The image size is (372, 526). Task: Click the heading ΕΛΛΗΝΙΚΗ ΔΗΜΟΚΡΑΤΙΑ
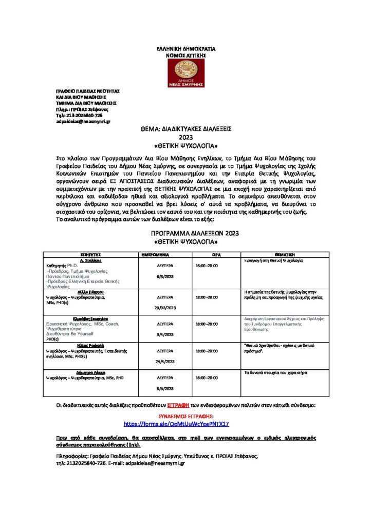click(186, 48)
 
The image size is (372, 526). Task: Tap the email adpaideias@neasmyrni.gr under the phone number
click(83, 122)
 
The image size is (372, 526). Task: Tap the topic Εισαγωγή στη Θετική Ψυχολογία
click(274, 261)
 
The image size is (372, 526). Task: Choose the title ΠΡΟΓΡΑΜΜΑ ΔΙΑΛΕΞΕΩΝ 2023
click(185, 233)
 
